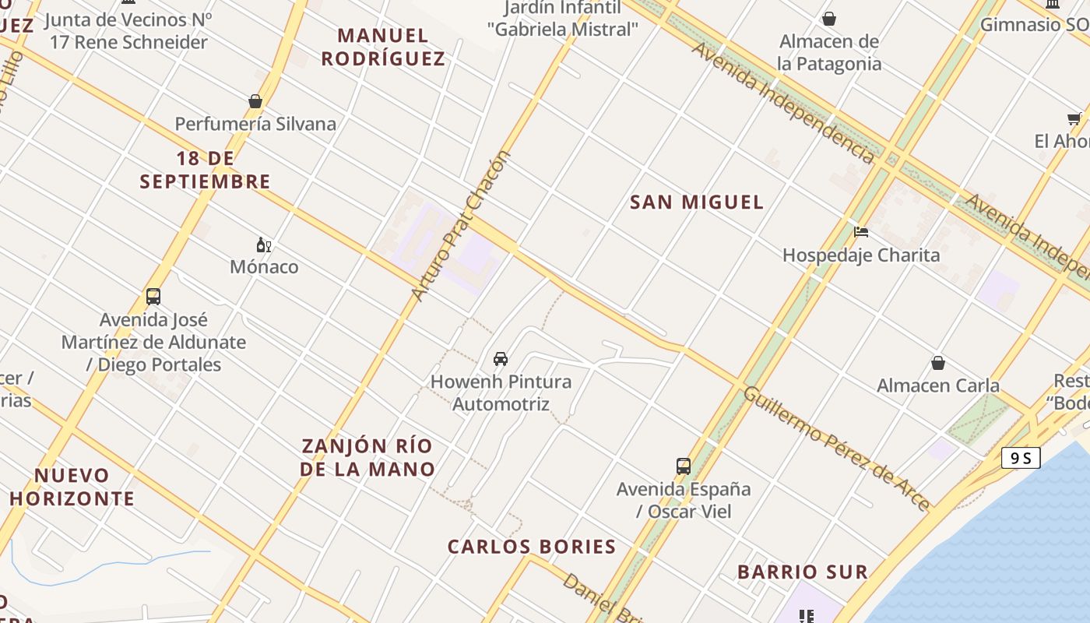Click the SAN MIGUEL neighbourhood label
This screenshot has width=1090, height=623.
pos(696,202)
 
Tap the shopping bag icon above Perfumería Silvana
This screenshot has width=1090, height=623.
pos(255,101)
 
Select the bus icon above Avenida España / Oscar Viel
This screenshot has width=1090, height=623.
pos(683,466)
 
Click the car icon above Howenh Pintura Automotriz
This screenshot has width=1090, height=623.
pos(501,359)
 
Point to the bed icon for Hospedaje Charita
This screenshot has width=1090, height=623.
pos(860,232)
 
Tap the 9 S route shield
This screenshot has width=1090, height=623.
pos(1021,458)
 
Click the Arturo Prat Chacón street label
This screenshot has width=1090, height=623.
pos(461,226)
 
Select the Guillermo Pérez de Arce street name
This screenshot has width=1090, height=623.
pos(836,449)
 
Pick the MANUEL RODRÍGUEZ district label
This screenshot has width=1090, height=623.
pos(383,47)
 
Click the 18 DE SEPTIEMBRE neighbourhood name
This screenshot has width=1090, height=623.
pos(205,170)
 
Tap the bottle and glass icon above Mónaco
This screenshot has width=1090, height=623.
pos(264,245)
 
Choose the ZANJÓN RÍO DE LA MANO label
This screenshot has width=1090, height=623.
pos(367,457)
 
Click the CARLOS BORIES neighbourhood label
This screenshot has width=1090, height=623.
pos(532,547)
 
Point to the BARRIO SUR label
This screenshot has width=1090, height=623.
pos(802,572)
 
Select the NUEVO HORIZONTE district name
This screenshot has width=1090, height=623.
pos(72,487)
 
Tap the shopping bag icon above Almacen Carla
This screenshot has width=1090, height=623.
pos(938,363)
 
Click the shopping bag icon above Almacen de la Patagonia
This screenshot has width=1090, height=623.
pos(829,19)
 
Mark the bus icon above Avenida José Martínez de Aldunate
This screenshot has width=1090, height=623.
pos(153,297)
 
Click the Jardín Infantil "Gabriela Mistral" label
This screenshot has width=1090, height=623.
pos(562,19)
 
